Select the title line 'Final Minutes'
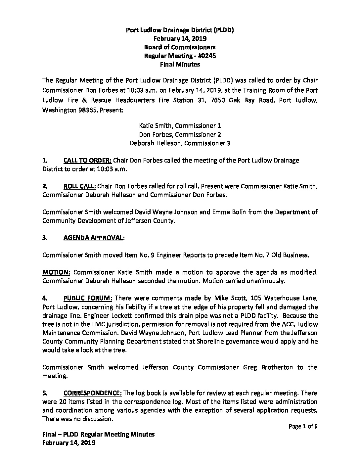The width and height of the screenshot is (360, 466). click(x=180, y=65)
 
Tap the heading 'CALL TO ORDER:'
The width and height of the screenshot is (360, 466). click(x=87, y=161)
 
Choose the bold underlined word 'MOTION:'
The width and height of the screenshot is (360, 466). click(x=56, y=272)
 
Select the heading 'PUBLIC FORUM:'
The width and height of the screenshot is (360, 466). click(x=87, y=298)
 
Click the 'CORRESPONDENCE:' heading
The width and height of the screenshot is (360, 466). click(x=92, y=393)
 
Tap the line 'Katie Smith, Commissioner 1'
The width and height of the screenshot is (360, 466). click(x=180, y=126)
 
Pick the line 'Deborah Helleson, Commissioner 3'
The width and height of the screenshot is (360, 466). click(x=180, y=143)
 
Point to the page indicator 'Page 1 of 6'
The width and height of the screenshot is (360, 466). click(x=303, y=427)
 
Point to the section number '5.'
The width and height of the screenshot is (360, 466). click(x=45, y=393)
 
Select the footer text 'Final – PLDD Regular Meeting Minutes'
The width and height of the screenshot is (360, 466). click(x=98, y=435)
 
